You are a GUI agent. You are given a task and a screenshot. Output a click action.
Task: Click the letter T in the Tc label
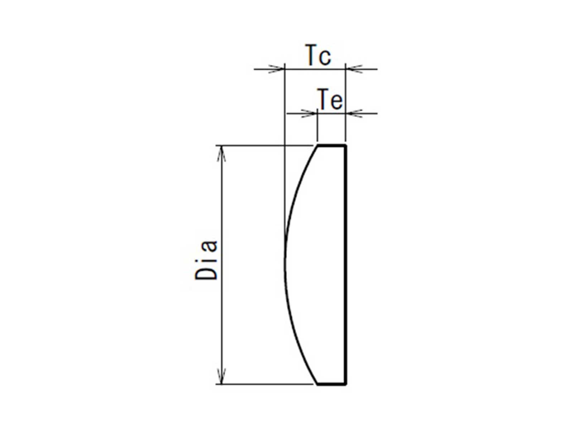pos(311,55)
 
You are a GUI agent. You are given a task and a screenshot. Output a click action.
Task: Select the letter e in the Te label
pos(336,102)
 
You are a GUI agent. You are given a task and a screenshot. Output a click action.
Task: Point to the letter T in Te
pos(322,99)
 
